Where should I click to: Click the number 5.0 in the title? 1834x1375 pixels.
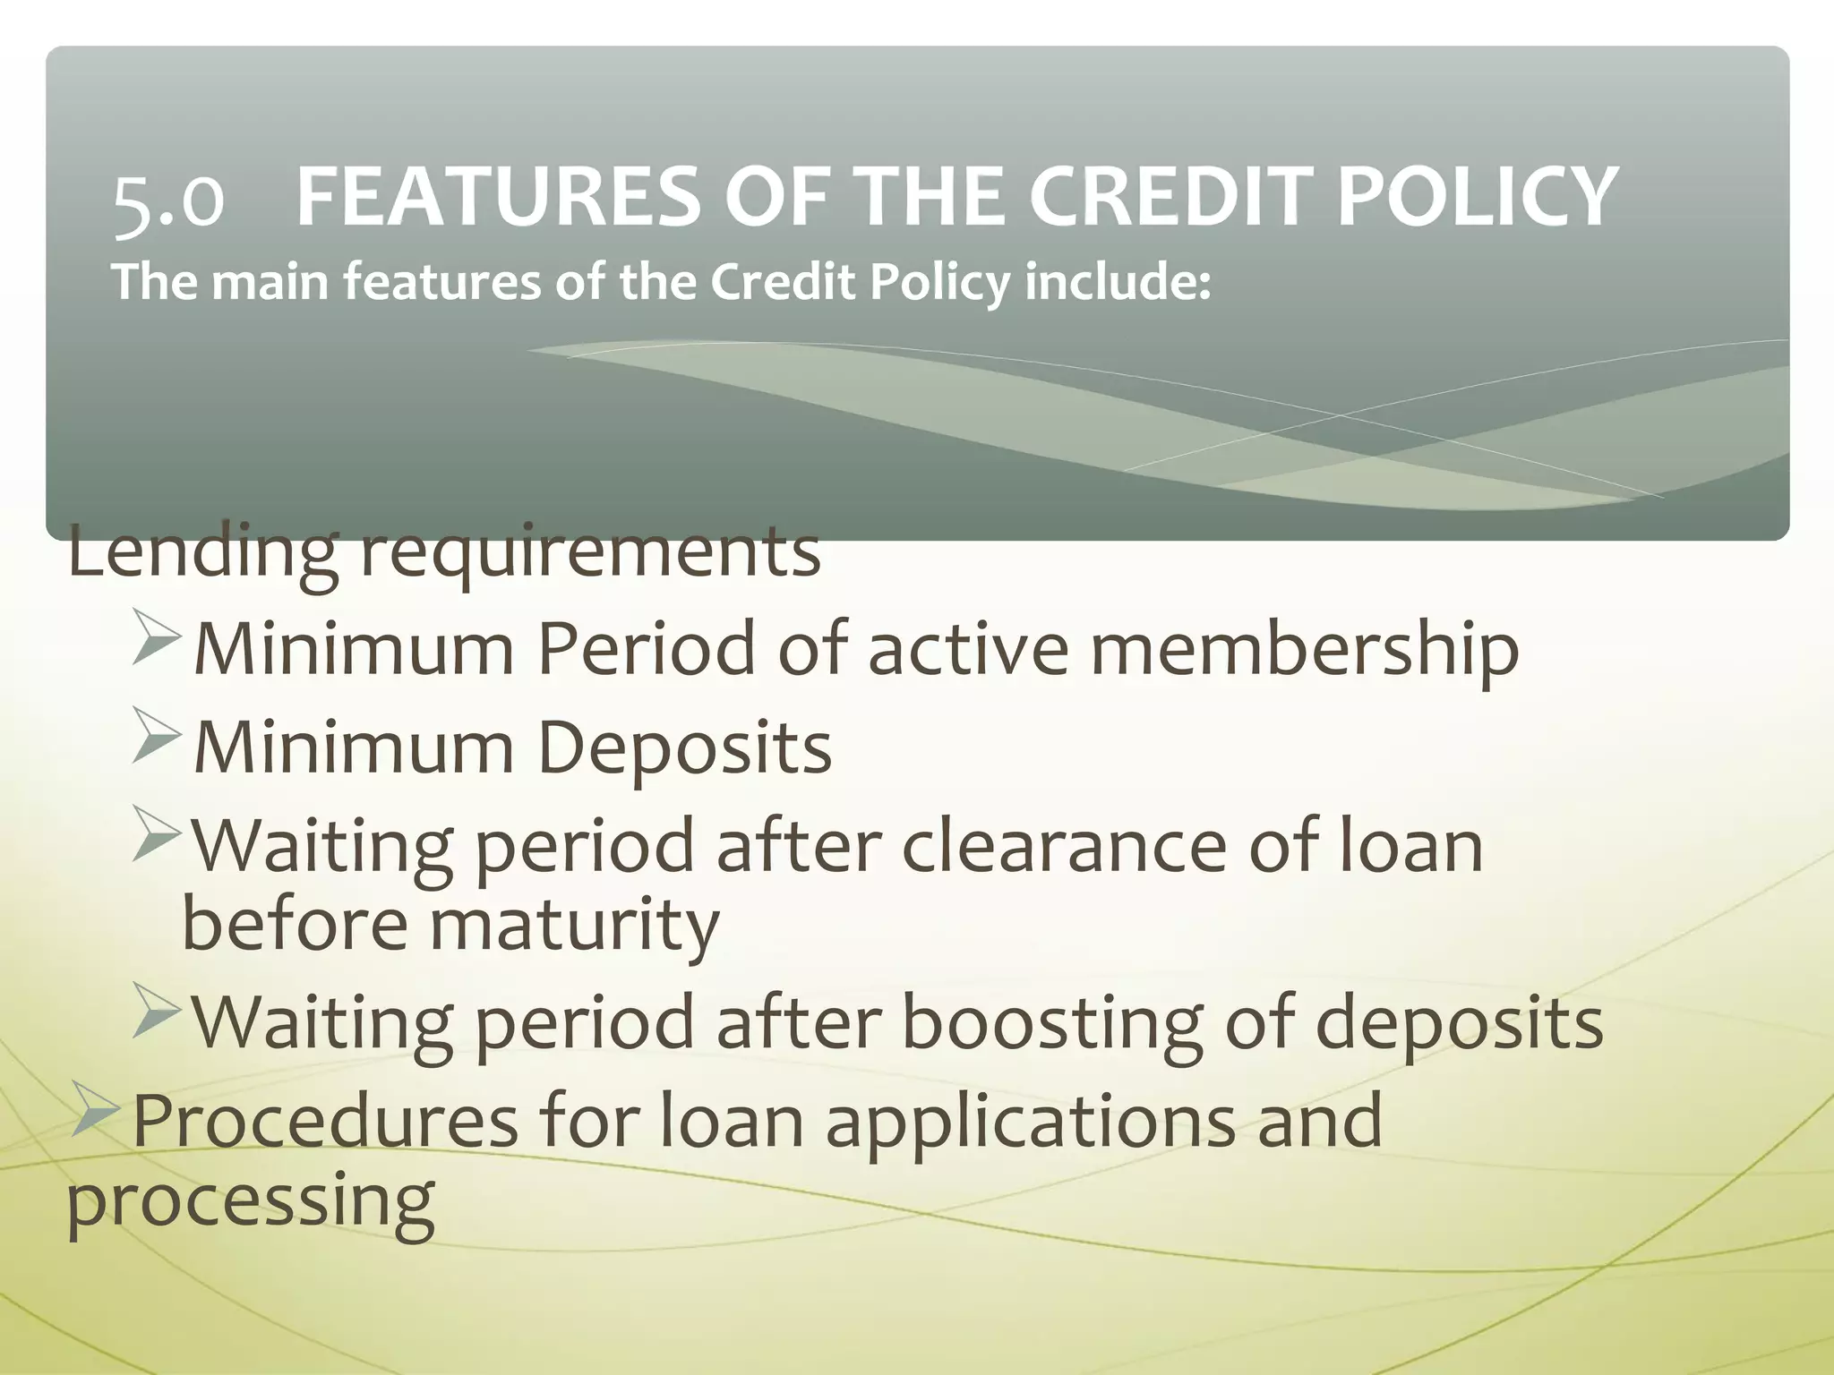[x=167, y=199]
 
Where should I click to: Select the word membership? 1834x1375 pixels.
[x=1304, y=648]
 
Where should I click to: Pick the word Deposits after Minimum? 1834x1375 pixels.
[x=684, y=747]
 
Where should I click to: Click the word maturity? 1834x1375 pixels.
[x=574, y=924]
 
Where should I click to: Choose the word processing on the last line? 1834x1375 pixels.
[x=251, y=1201]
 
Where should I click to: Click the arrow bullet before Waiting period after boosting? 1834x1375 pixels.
[x=158, y=1011]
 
